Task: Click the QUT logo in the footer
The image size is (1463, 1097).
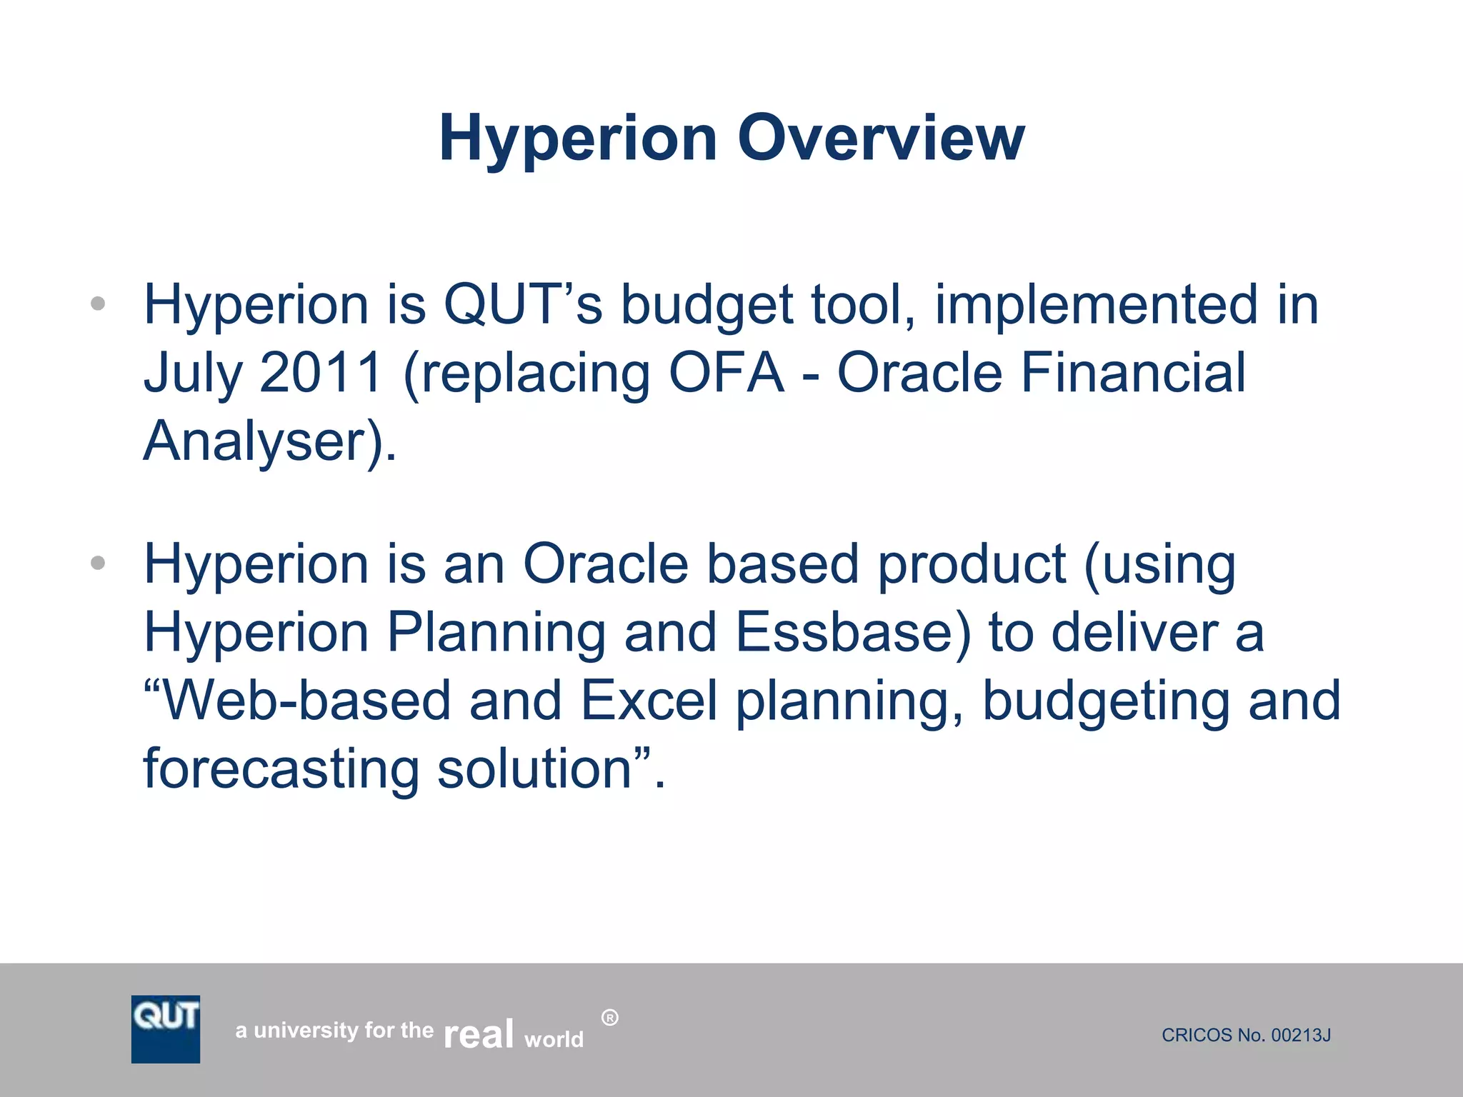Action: click(166, 1028)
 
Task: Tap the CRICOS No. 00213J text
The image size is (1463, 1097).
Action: click(1246, 1035)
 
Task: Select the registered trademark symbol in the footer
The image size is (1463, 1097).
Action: click(609, 1018)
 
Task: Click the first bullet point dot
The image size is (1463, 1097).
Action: click(99, 304)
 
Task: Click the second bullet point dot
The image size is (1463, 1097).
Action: click(99, 563)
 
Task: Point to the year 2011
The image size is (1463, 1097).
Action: click(321, 372)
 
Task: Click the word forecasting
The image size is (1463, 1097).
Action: click(281, 769)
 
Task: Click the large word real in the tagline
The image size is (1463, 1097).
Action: click(478, 1033)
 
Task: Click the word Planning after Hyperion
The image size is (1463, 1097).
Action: click(496, 633)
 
